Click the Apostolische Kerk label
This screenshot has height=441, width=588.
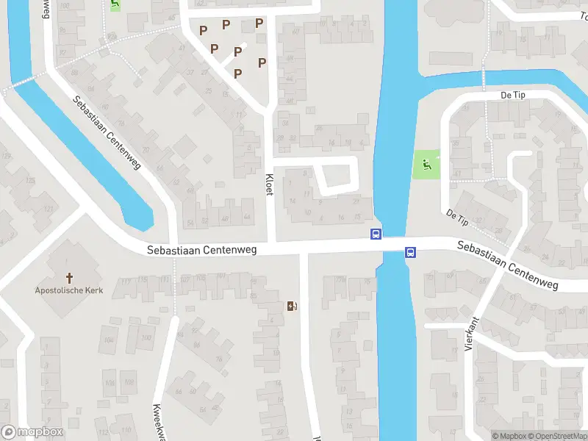[x=70, y=290]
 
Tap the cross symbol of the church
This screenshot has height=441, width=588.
[x=71, y=278]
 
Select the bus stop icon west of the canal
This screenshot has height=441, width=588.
[x=376, y=234]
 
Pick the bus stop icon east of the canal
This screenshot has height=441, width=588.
[x=411, y=253]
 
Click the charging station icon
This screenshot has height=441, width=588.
[x=293, y=306]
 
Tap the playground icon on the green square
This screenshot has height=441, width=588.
[x=426, y=166]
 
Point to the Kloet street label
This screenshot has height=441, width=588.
[x=270, y=179]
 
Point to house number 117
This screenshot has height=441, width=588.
[x=126, y=281]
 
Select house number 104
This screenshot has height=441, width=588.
[x=110, y=339]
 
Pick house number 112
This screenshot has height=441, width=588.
[x=102, y=431]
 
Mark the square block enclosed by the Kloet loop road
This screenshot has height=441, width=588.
[x=337, y=175]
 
